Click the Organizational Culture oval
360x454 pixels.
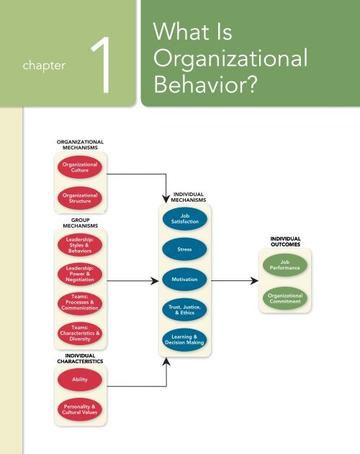pyautogui.click(x=80, y=167)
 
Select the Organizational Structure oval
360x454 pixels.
pyautogui.click(x=80, y=198)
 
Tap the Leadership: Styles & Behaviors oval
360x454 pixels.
pyautogui.click(x=80, y=244)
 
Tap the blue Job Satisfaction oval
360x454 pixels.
pyautogui.click(x=185, y=218)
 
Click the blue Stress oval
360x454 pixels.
pyautogui.click(x=185, y=249)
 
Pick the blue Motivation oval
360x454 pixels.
pyautogui.click(x=185, y=279)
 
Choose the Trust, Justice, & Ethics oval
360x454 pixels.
pyautogui.click(x=185, y=310)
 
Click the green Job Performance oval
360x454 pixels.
pyautogui.click(x=284, y=266)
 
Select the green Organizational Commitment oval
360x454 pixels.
pyautogui.click(x=284, y=298)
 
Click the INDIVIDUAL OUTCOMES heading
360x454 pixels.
pyautogui.click(x=285, y=240)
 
